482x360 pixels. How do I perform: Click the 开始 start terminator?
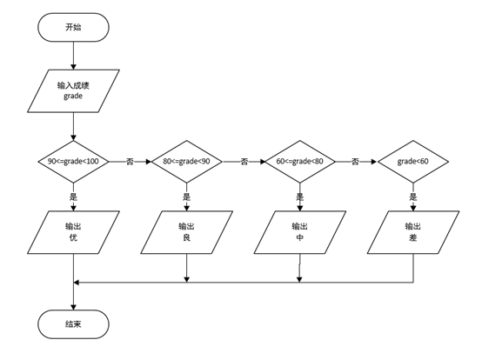(73, 27)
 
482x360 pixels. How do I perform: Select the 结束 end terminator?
(73, 324)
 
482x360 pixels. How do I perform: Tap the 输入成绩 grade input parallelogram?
(73, 91)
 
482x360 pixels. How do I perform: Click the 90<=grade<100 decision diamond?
(73, 162)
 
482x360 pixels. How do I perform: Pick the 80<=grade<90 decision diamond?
(186, 162)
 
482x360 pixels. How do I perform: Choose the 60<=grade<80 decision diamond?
(299, 162)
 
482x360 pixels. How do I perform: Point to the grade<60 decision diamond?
(413, 162)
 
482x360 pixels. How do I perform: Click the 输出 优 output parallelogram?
(73, 232)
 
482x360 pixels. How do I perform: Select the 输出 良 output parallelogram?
(186, 232)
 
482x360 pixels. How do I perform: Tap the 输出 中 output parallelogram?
(299, 232)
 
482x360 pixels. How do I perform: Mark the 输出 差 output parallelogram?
(413, 232)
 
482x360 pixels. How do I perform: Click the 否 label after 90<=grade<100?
(130, 162)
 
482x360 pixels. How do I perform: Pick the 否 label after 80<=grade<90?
(244, 162)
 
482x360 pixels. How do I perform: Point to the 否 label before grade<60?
(355, 162)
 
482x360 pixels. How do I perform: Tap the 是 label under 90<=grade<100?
(73, 197)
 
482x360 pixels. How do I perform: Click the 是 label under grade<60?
(413, 197)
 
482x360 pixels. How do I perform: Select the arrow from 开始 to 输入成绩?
(73, 56)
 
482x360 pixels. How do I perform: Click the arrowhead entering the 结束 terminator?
(73, 307)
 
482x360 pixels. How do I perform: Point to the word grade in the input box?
(73, 97)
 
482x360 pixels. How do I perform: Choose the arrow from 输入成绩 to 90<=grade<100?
(73, 126)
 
